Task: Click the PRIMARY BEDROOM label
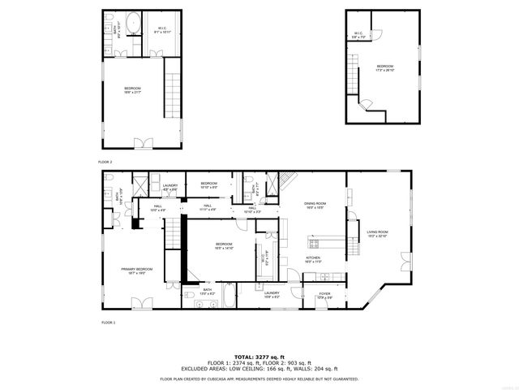pos(137,269)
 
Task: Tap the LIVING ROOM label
pos(378,233)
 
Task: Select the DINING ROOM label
pos(315,205)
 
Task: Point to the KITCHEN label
pos(313,259)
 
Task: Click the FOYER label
pos(324,295)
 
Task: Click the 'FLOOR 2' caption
pos(105,162)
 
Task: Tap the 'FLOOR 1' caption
pos(108,323)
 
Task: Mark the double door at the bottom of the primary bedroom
pos(143,303)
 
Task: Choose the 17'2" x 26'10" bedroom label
pos(384,67)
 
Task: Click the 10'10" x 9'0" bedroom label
pos(209,185)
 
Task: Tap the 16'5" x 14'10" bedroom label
pos(224,246)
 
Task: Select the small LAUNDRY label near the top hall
pos(170,188)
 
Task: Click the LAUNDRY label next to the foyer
pos(272,294)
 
